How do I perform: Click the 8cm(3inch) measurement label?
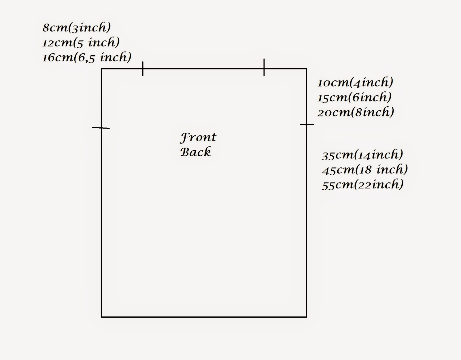tap(77, 28)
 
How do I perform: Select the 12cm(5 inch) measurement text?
tap(81, 43)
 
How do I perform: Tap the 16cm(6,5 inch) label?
tap(87, 57)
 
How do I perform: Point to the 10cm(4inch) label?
tap(355, 83)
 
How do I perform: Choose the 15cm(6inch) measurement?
tap(354, 98)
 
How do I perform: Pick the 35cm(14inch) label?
tap(362, 155)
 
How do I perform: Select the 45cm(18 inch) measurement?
tap(365, 170)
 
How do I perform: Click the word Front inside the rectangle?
tap(198, 137)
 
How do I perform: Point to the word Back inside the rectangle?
tap(196, 152)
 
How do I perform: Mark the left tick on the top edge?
tap(143, 69)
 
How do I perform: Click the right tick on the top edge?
tap(264, 67)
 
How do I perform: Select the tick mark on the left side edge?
tap(101, 128)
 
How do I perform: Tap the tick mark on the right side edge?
tap(307, 125)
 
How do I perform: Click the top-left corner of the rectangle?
tap(101, 69)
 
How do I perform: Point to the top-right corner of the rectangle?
tap(306, 69)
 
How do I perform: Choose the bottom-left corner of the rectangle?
tap(101, 317)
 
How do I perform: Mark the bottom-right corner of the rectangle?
tap(306, 317)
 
